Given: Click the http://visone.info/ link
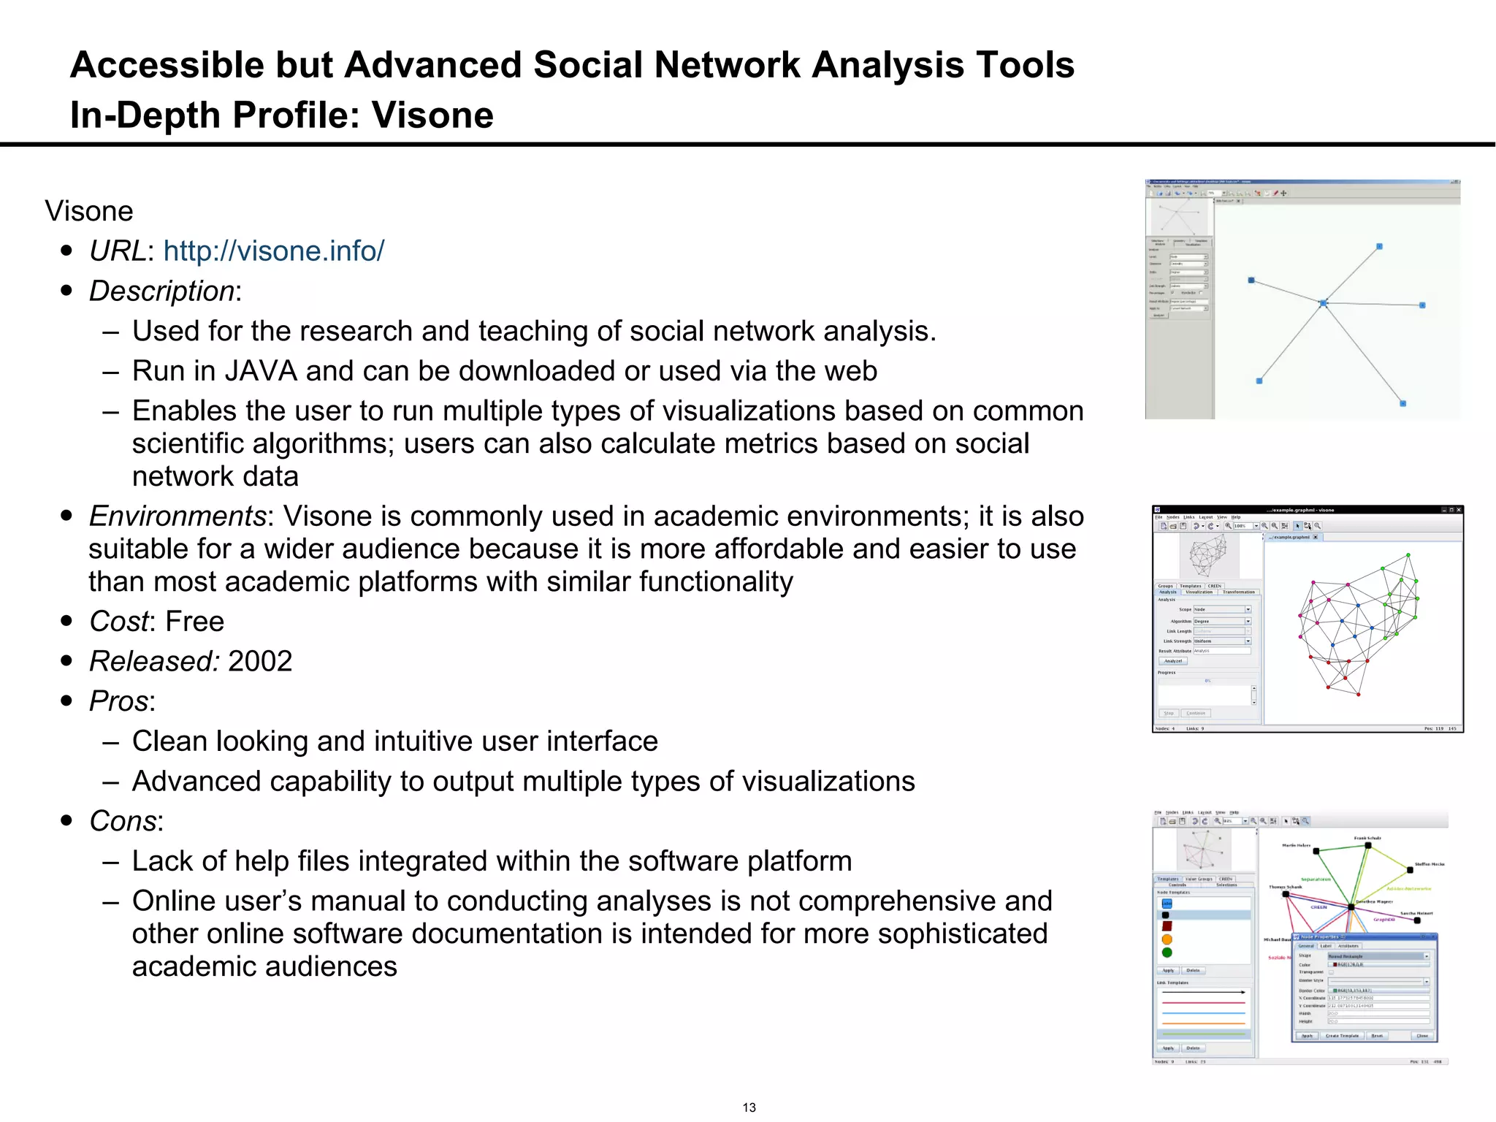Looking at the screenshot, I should point(273,251).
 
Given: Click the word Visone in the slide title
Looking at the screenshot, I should point(432,115).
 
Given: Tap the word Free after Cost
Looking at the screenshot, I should point(195,622).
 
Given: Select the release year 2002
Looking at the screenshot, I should point(260,662).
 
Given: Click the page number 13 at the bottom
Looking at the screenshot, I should point(749,1107).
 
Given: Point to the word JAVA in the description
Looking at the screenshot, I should point(261,371).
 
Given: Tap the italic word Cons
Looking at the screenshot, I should point(123,822).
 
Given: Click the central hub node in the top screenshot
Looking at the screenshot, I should point(1323,303).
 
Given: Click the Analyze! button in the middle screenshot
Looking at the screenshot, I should point(1173,661).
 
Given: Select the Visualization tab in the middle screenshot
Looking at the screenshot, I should point(1199,592).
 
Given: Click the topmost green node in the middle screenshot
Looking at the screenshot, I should point(1408,556).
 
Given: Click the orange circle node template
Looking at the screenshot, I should point(1167,939).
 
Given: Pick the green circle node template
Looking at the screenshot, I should point(1167,953).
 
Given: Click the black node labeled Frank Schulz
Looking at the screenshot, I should point(1367,846).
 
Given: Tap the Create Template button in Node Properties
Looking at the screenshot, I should point(1342,1036).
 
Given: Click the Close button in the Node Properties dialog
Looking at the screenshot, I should point(1421,1036).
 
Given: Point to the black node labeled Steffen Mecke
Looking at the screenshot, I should point(1410,870).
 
